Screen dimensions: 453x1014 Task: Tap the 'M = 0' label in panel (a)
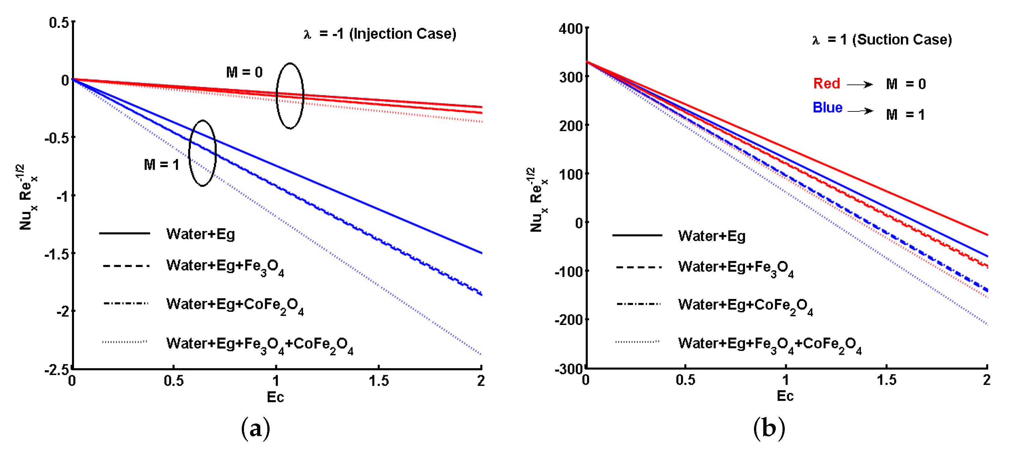point(244,72)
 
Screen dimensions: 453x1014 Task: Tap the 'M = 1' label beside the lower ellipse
point(161,165)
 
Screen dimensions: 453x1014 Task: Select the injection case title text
point(380,34)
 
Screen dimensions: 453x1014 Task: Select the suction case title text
point(882,40)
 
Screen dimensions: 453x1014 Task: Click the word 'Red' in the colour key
point(827,84)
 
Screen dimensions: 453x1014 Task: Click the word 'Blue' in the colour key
point(827,108)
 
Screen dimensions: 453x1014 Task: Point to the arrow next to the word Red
point(860,85)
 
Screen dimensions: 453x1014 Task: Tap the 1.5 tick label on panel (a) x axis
point(379,381)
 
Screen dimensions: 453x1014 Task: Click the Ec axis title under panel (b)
point(785,396)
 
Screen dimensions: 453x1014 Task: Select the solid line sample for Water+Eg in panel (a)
point(124,233)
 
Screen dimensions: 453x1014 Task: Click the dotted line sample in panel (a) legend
point(124,342)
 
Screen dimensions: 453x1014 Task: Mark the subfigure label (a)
point(256,428)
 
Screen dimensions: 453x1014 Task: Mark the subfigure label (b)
point(769,428)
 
